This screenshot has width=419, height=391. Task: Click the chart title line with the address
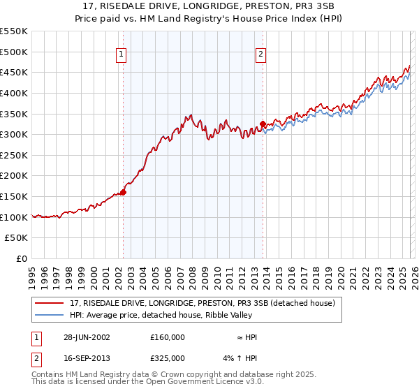click(x=209, y=6)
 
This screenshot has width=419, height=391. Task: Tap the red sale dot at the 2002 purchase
click(x=124, y=192)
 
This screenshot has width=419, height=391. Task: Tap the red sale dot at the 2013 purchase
click(x=263, y=124)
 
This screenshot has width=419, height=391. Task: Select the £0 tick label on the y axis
click(x=21, y=259)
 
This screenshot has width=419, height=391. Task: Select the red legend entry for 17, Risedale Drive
click(x=203, y=303)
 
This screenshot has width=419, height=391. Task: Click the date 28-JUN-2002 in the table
click(x=87, y=337)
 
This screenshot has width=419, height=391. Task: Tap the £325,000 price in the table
click(x=168, y=358)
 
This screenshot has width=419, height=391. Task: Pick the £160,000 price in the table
click(x=168, y=337)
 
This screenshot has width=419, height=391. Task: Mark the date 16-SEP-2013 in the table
click(x=87, y=358)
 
